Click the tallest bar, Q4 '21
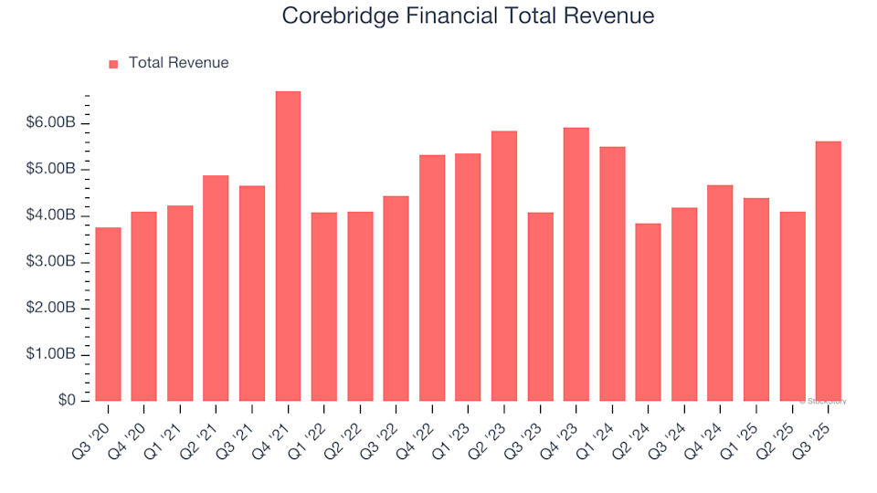(288, 246)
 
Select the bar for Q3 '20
(108, 314)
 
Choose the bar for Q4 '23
(576, 265)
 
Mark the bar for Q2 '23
(503, 266)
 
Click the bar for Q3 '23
(540, 307)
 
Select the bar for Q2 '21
(216, 288)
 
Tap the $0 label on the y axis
(68, 401)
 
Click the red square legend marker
(113, 64)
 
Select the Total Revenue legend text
(178, 63)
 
